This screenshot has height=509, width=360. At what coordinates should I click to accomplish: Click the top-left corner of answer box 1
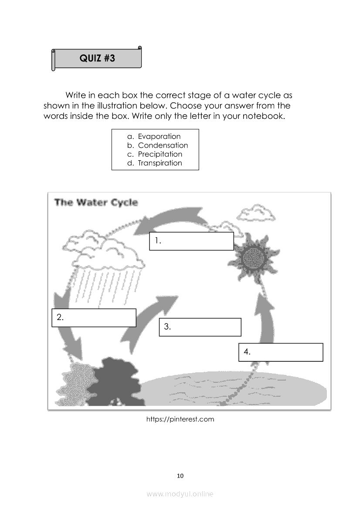(149, 233)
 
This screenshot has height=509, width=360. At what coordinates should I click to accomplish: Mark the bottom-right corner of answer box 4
(323, 361)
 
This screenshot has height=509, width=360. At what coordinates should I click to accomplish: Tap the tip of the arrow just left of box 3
(178, 296)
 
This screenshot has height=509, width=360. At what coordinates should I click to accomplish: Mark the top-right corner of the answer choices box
(199, 129)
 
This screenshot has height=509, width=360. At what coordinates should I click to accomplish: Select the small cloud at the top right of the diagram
(256, 213)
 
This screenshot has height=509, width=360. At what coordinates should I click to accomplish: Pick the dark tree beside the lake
(114, 382)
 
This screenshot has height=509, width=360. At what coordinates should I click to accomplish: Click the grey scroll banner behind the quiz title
(96, 58)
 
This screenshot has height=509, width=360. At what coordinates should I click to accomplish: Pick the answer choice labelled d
(155, 163)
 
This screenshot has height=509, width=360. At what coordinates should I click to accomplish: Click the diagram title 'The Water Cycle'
(96, 202)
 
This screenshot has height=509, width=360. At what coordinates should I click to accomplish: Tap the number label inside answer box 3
(167, 327)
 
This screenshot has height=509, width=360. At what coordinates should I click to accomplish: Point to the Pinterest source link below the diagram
(180, 419)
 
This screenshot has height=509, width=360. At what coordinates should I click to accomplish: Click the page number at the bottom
(180, 476)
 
